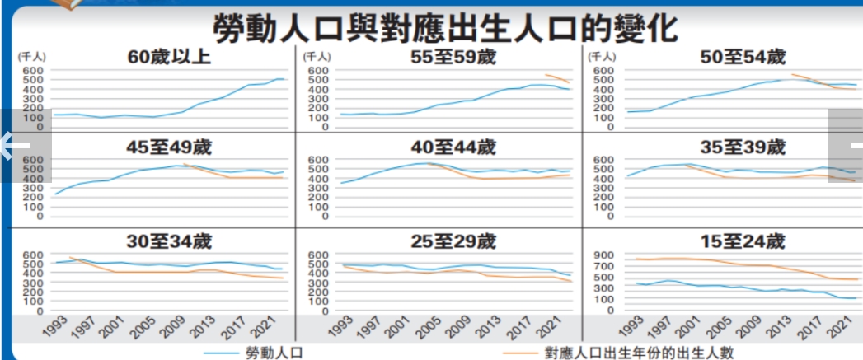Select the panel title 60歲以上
169,58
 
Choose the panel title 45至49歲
169,147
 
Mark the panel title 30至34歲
169,242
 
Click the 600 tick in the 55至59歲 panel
317,71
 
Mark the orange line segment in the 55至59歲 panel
557,78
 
